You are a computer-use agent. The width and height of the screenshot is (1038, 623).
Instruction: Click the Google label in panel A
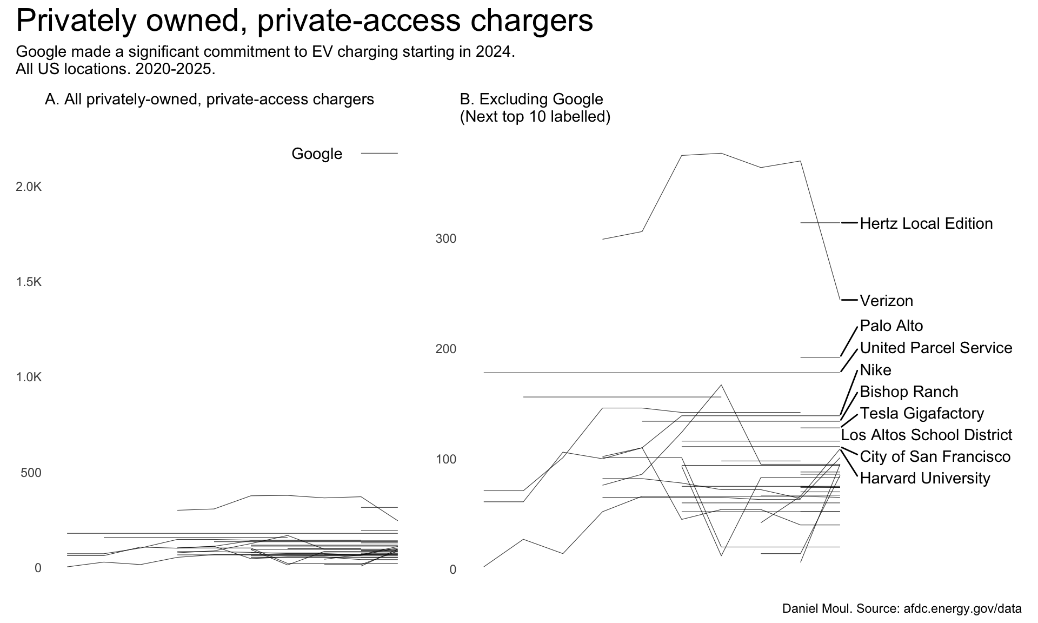pos(317,154)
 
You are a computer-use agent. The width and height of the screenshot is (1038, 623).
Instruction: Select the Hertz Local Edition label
pos(926,223)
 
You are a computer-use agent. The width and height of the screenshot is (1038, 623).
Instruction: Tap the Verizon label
pos(886,301)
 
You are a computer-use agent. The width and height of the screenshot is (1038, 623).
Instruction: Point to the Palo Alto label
pos(891,326)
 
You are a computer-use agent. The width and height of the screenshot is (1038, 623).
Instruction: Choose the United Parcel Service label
pos(936,348)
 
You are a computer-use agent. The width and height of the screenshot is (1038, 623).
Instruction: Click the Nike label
pos(875,370)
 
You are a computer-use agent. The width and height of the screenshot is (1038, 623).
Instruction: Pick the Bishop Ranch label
pos(909,392)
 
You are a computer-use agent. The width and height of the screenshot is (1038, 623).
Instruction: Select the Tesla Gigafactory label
pos(922,413)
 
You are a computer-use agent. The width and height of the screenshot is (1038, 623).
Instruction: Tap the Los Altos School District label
pos(927,435)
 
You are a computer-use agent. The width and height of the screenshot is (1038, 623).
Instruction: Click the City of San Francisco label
pos(935,456)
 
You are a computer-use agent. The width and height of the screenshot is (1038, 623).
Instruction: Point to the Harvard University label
pos(924,478)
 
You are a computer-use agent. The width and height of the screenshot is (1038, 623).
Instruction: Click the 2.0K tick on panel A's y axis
pos(29,187)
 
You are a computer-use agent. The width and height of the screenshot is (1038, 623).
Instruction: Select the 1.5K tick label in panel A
pos(29,282)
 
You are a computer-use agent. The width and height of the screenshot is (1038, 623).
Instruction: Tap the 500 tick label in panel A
pos(31,473)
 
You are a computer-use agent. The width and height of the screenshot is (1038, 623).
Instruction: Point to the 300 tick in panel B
pos(445,238)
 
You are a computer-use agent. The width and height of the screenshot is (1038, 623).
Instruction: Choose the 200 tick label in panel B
pos(445,349)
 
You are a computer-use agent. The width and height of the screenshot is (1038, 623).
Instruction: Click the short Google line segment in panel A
pos(379,154)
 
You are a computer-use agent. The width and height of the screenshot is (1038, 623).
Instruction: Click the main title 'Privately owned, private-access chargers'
pos(304,21)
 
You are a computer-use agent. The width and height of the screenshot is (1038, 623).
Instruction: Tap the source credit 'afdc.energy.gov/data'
pos(962,608)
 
